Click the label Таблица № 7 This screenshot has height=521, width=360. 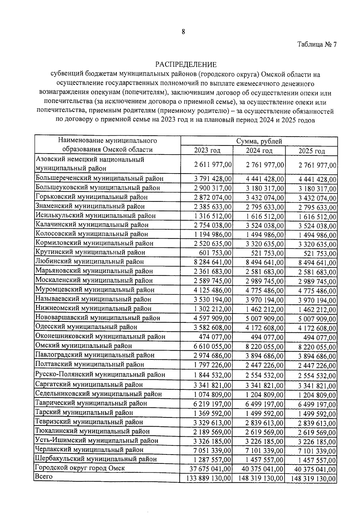tap(317, 44)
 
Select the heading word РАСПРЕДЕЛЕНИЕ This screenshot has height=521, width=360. tap(186, 64)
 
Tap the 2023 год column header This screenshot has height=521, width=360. tap(207, 150)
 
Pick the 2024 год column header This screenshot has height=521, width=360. tap(259, 150)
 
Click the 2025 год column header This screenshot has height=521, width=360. tap(312, 151)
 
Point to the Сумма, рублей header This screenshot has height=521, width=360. tap(259, 141)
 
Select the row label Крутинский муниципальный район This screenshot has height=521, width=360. tap(90, 252)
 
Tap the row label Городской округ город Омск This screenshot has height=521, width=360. tap(80, 468)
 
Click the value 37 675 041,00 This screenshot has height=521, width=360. tap(210, 469)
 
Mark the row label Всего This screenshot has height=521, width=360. tap(44, 476)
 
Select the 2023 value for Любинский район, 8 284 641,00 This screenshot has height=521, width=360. tap(213, 262)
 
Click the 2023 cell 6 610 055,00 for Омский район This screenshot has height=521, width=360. tap(213, 347)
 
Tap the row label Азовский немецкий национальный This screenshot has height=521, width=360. tap(90, 159)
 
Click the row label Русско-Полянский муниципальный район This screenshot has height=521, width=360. tap(100, 375)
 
